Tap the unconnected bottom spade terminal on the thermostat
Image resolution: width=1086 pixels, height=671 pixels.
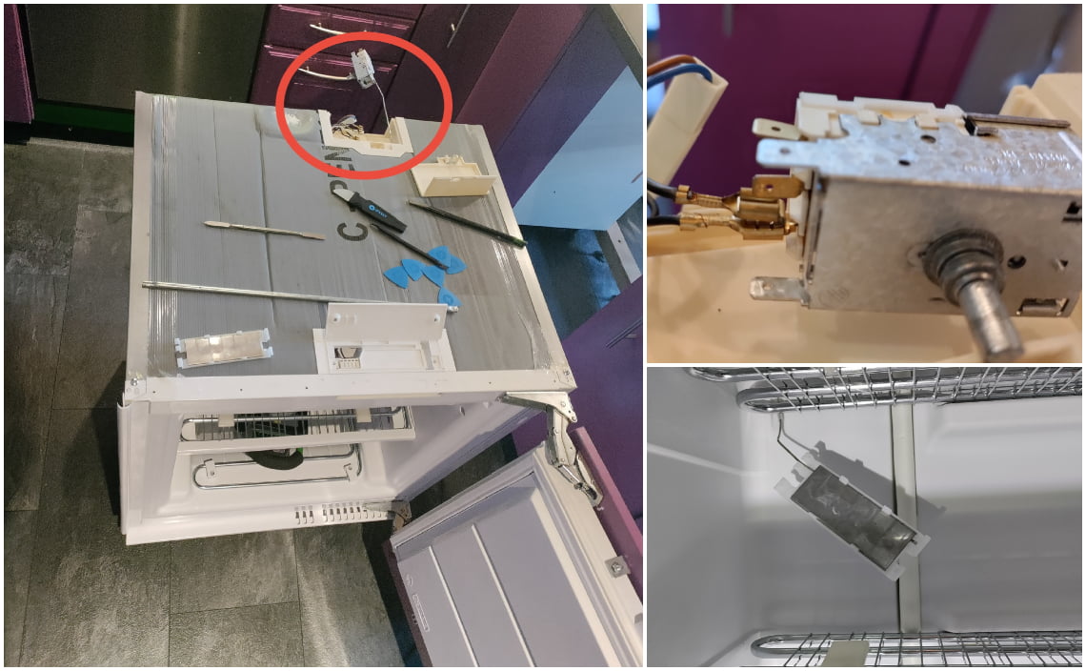pos(776,287)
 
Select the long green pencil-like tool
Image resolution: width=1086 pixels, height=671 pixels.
pos(466,222)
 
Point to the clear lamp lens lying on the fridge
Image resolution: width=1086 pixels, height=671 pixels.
pos(223,349)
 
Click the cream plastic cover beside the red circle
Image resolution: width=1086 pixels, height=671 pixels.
pos(452,181)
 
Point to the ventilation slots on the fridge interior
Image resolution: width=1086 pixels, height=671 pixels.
pos(333,515)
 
